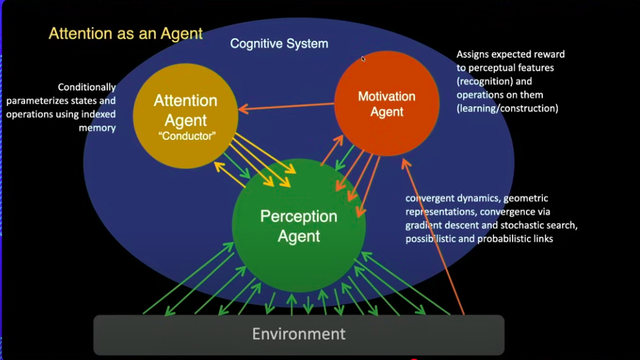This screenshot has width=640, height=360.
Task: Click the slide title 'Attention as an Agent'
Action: pos(125,33)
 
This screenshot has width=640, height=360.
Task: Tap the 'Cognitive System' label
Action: pos(279,44)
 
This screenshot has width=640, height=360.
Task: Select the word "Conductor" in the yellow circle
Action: pos(187,136)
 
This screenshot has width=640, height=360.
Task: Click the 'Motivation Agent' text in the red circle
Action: pos(387,104)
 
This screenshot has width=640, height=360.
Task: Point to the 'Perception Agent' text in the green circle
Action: pos(299,226)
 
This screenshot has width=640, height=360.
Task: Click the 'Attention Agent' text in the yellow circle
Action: pos(186,110)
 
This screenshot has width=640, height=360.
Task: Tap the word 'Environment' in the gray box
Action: pos(299,334)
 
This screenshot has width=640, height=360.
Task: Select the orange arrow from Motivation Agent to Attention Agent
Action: pos(286,107)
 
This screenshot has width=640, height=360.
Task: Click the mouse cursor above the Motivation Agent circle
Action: pos(363,59)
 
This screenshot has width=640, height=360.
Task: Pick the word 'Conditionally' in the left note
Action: pos(87,87)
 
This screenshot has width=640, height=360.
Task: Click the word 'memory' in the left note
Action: pos(97,128)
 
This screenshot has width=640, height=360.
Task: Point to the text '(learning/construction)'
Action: pos(507,108)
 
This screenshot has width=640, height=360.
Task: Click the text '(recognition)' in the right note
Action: pos(484,81)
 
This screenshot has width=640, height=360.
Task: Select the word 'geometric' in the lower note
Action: pos(526,199)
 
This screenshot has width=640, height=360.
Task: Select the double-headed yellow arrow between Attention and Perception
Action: pos(230,175)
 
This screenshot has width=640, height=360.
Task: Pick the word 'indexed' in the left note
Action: pos(98,114)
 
